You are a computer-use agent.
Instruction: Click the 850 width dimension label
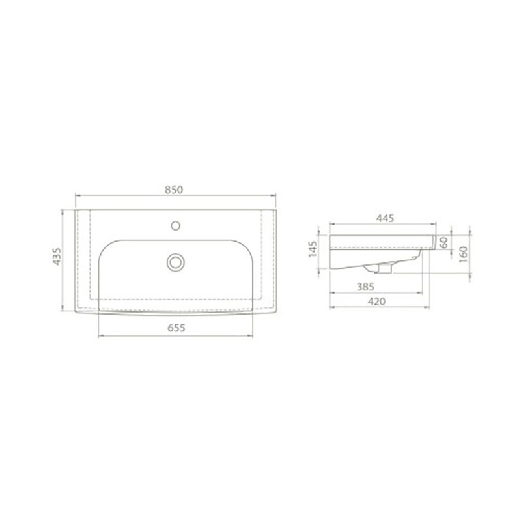coord(174,190)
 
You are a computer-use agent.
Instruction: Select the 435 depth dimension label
coord(57,257)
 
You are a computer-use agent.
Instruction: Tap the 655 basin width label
coord(176,328)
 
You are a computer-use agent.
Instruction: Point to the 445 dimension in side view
coord(385,218)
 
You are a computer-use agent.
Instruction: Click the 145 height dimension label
coord(313,249)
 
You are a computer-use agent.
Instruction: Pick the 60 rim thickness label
coord(444,242)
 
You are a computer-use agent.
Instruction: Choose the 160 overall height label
coord(463,255)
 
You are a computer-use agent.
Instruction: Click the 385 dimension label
coord(365,287)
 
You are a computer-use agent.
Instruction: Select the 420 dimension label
coord(377,302)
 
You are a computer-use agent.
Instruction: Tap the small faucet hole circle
coord(175,226)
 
